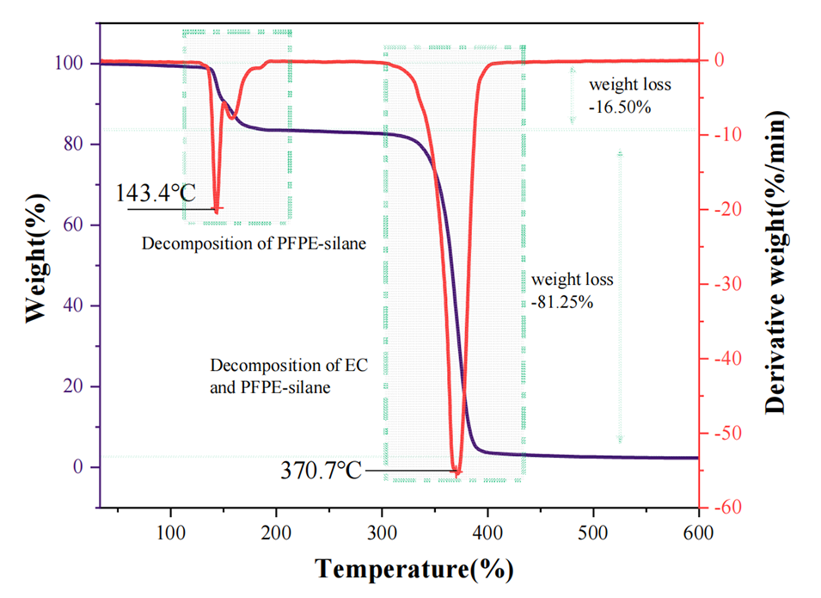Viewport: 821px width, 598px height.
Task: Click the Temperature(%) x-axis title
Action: point(414,569)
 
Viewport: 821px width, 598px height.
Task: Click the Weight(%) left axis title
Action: point(34,264)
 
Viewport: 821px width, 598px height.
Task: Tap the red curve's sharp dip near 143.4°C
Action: point(217,209)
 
